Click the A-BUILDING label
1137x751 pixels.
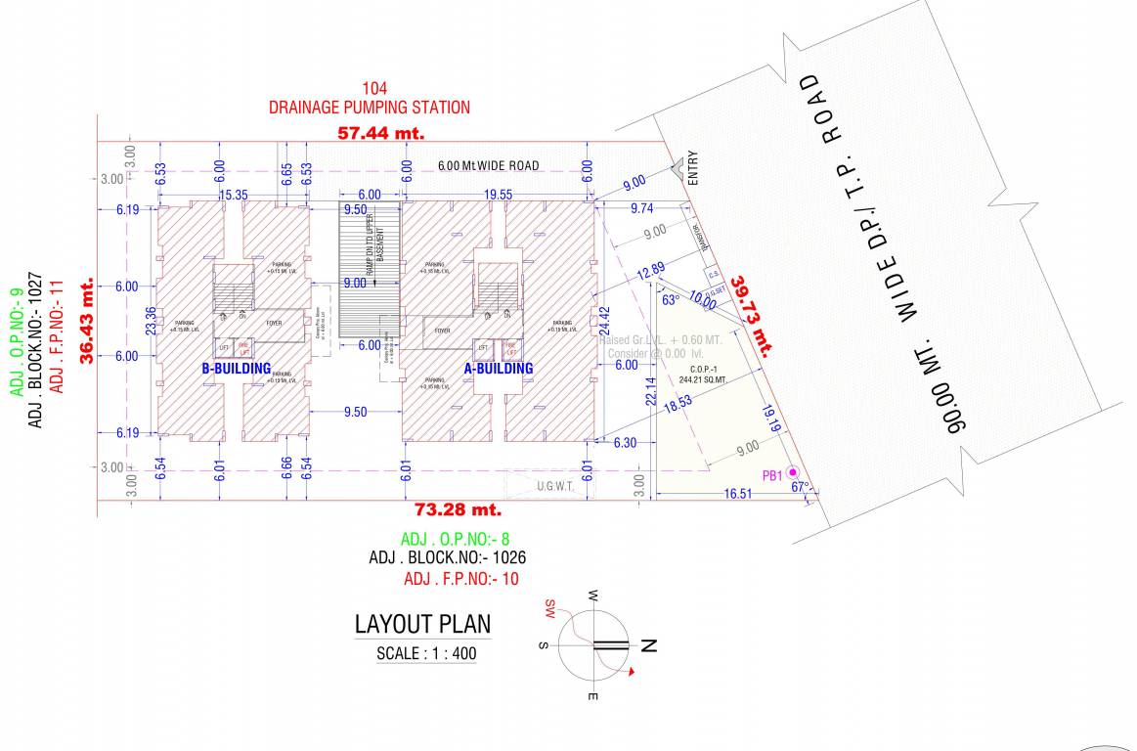click(499, 369)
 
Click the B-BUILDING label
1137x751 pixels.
click(236, 369)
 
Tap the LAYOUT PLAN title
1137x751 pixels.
click(422, 625)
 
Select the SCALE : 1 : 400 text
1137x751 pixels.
click(427, 654)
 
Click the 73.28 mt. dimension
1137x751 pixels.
click(458, 509)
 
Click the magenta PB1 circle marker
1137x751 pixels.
click(793, 473)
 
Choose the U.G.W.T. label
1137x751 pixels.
click(553, 485)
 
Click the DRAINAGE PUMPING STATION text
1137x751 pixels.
click(370, 107)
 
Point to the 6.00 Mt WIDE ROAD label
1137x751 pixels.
click(488, 166)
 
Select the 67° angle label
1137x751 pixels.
click(801, 487)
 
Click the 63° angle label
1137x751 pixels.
click(671, 300)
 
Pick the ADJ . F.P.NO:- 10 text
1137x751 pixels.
click(461, 579)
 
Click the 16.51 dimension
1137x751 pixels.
click(738, 495)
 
